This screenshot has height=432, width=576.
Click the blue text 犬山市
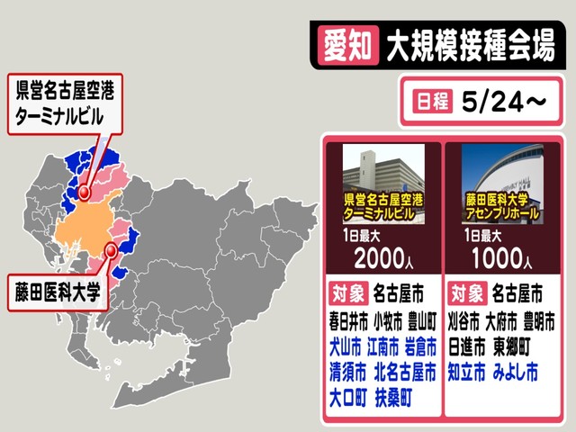(346, 346)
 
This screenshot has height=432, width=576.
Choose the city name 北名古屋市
(404, 370)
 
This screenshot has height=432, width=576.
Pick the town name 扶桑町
(395, 396)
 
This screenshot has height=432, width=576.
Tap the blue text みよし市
(516, 370)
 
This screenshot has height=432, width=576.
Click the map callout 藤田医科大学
(56, 291)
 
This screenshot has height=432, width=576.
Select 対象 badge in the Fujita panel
(466, 293)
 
